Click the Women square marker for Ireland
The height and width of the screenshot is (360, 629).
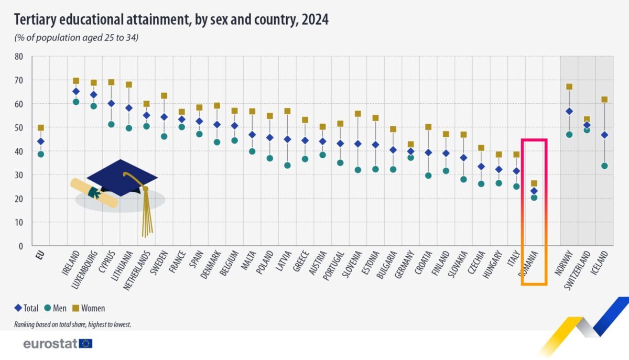tap(76, 81)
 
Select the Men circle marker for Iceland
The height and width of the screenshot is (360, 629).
tap(604, 166)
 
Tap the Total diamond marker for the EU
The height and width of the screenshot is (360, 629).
tap(40, 141)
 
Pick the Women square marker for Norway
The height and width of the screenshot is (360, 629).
tap(569, 87)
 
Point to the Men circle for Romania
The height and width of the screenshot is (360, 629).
tap(534, 198)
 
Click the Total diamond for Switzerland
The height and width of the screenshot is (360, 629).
tap(587, 125)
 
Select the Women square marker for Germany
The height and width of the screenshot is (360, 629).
tap(411, 145)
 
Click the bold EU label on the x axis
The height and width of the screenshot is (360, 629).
tap(38, 256)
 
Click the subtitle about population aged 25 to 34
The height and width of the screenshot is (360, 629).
tap(76, 38)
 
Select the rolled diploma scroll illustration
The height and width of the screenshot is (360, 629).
tap(94, 192)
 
